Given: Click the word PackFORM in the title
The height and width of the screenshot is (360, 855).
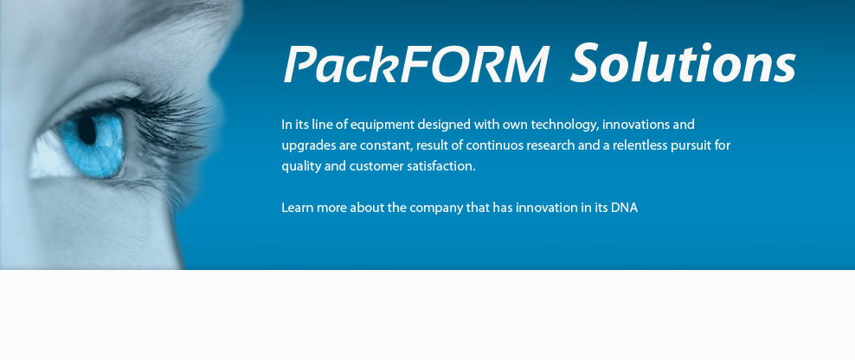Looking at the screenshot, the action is click(x=415, y=63).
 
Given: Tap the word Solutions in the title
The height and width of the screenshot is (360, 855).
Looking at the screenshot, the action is click(x=683, y=62).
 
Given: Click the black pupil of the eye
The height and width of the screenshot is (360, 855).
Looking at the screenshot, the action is click(x=87, y=129).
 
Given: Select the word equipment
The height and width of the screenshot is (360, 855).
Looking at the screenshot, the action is click(x=382, y=125).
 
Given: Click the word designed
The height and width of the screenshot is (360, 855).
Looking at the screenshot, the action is click(x=445, y=125).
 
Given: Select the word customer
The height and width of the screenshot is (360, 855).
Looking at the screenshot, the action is click(x=376, y=167).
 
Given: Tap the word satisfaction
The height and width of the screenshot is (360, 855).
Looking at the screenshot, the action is click(x=441, y=167).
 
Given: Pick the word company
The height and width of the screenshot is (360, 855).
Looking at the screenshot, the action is click(x=435, y=209).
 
